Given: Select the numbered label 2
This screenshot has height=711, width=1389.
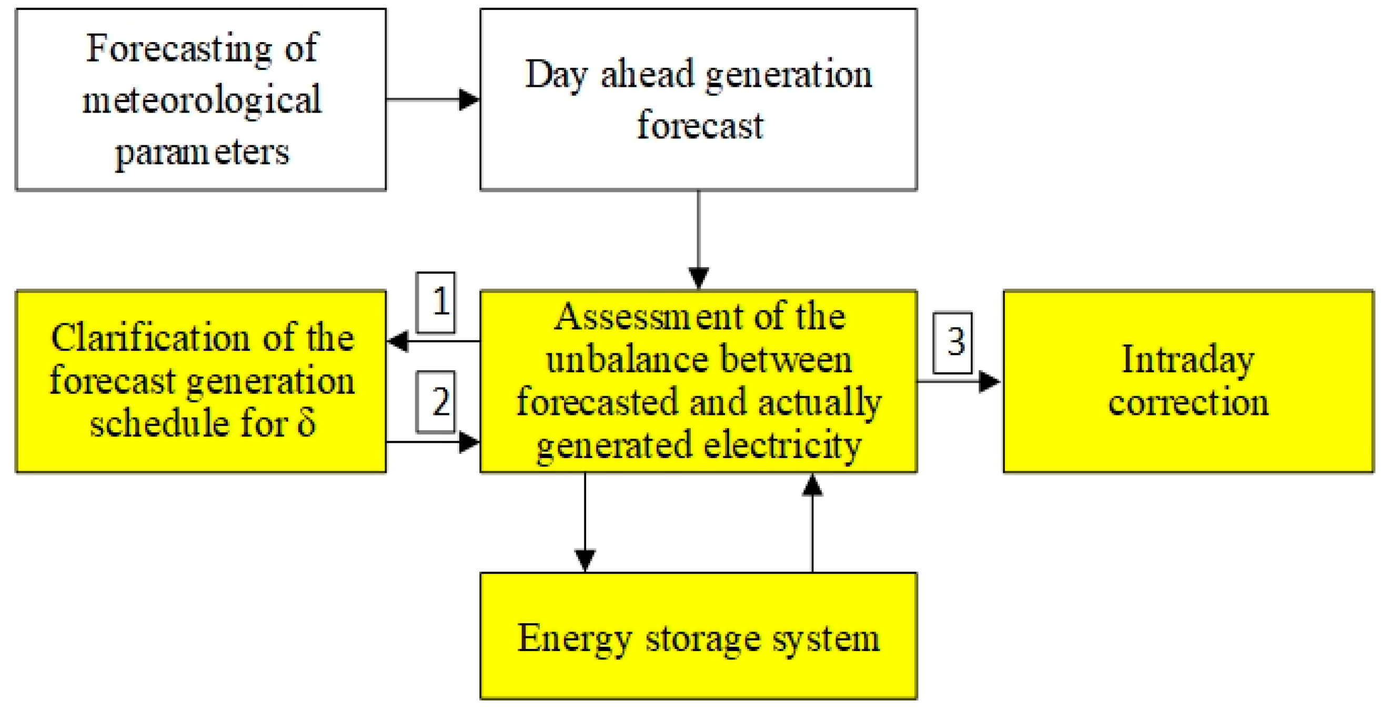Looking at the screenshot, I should pyautogui.click(x=436, y=402).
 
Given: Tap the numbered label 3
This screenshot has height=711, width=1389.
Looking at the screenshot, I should pyautogui.click(x=952, y=342).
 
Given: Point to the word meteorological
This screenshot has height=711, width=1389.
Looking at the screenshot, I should pyautogui.click(x=201, y=100).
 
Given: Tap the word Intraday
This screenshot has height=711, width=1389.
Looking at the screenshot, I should pyautogui.click(x=1188, y=360).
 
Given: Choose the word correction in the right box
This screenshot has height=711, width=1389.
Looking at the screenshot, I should pyautogui.click(x=1188, y=403).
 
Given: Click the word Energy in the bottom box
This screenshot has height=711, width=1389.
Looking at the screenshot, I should pyautogui.click(x=573, y=639).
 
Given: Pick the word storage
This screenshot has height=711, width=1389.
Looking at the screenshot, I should pyautogui.click(x=703, y=639).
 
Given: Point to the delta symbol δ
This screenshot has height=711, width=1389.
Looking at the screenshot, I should pyautogui.click(x=306, y=423).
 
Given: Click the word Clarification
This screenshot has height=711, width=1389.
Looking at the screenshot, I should pyautogui.click(x=149, y=339).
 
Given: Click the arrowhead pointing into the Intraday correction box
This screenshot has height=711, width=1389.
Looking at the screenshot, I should pyautogui.click(x=990, y=382).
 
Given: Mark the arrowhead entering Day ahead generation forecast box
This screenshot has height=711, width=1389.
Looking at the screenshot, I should pyautogui.click(x=469, y=100).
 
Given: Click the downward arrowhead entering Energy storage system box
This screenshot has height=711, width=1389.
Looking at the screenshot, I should pyautogui.click(x=585, y=560).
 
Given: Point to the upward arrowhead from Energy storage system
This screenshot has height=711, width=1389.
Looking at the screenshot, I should pyautogui.click(x=812, y=485).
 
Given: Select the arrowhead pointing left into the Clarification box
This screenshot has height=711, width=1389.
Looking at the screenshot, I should pyautogui.click(x=398, y=341).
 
